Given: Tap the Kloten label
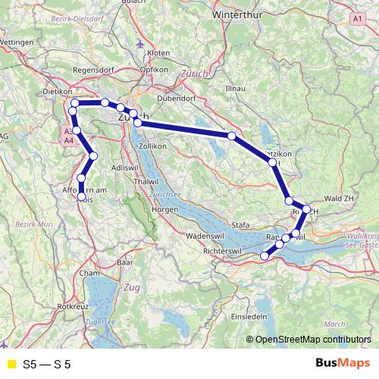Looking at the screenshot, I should pyautogui.click(x=158, y=53).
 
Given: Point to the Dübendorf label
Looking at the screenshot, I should pyautogui.click(x=174, y=98).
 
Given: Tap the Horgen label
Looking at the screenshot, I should pyautogui.click(x=164, y=208).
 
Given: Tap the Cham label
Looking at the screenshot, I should pyautogui.click(x=89, y=273).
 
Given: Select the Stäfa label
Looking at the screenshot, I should pyautogui.click(x=240, y=224).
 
